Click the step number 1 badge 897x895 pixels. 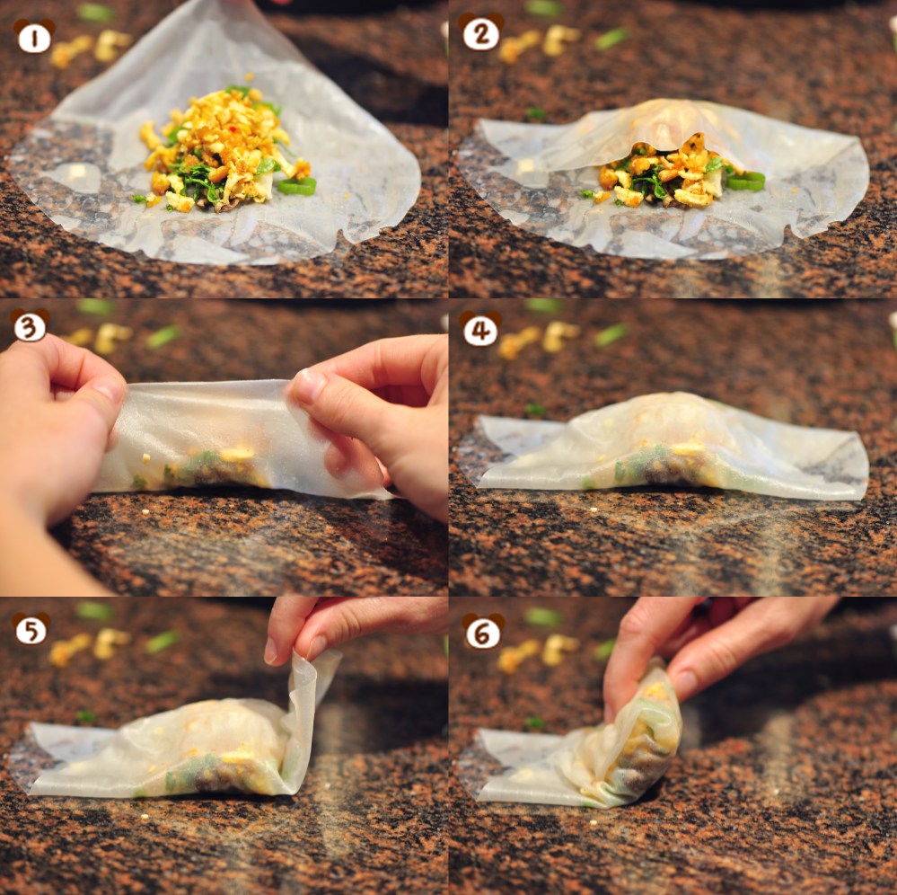pyautogui.click(x=33, y=37)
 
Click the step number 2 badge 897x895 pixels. pyautogui.click(x=480, y=33)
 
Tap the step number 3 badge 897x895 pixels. pyautogui.click(x=30, y=326)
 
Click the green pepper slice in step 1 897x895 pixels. pyautogui.click(x=297, y=186)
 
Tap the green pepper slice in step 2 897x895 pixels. pyautogui.click(x=745, y=181)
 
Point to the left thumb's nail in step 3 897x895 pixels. pyautogui.click(x=109, y=390)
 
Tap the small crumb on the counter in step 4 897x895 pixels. pyautogui.click(x=594, y=510)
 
